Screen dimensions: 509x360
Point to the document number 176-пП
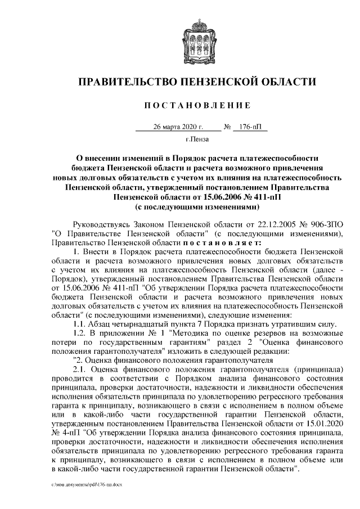click(x=250, y=127)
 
